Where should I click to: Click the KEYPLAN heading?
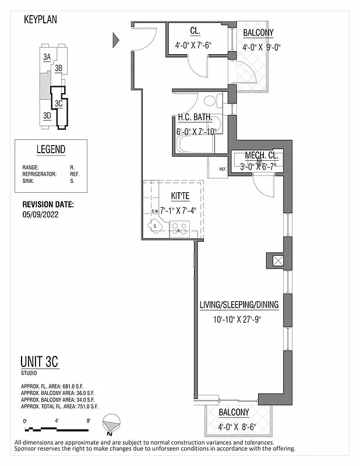[40, 19]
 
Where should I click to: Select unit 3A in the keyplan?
[47, 57]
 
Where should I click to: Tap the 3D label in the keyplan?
[47, 115]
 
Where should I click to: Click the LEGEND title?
[51, 150]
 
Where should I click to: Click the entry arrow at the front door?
[115, 40]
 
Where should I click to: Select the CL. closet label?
[195, 31]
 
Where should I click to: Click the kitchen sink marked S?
[156, 225]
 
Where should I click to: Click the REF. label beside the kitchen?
[223, 170]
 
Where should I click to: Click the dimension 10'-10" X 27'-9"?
[238, 319]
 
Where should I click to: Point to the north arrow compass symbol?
[111, 424]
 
